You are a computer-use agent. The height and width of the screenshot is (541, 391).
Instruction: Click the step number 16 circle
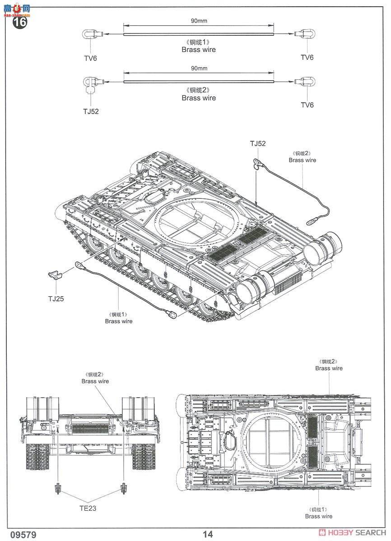(20, 22)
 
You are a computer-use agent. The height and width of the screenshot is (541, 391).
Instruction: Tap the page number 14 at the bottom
(208, 534)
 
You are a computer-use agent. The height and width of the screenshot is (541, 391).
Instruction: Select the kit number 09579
(23, 534)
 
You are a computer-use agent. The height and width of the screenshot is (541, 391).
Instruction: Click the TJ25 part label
(56, 299)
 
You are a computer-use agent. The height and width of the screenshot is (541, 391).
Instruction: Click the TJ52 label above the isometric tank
(258, 144)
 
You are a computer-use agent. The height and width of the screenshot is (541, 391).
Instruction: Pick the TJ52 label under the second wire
(91, 111)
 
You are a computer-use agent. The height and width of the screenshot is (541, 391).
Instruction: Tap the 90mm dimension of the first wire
(199, 21)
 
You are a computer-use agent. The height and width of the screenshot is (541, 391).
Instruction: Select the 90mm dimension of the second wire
(199, 69)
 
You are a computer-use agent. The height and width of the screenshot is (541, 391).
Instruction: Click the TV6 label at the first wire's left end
(90, 58)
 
